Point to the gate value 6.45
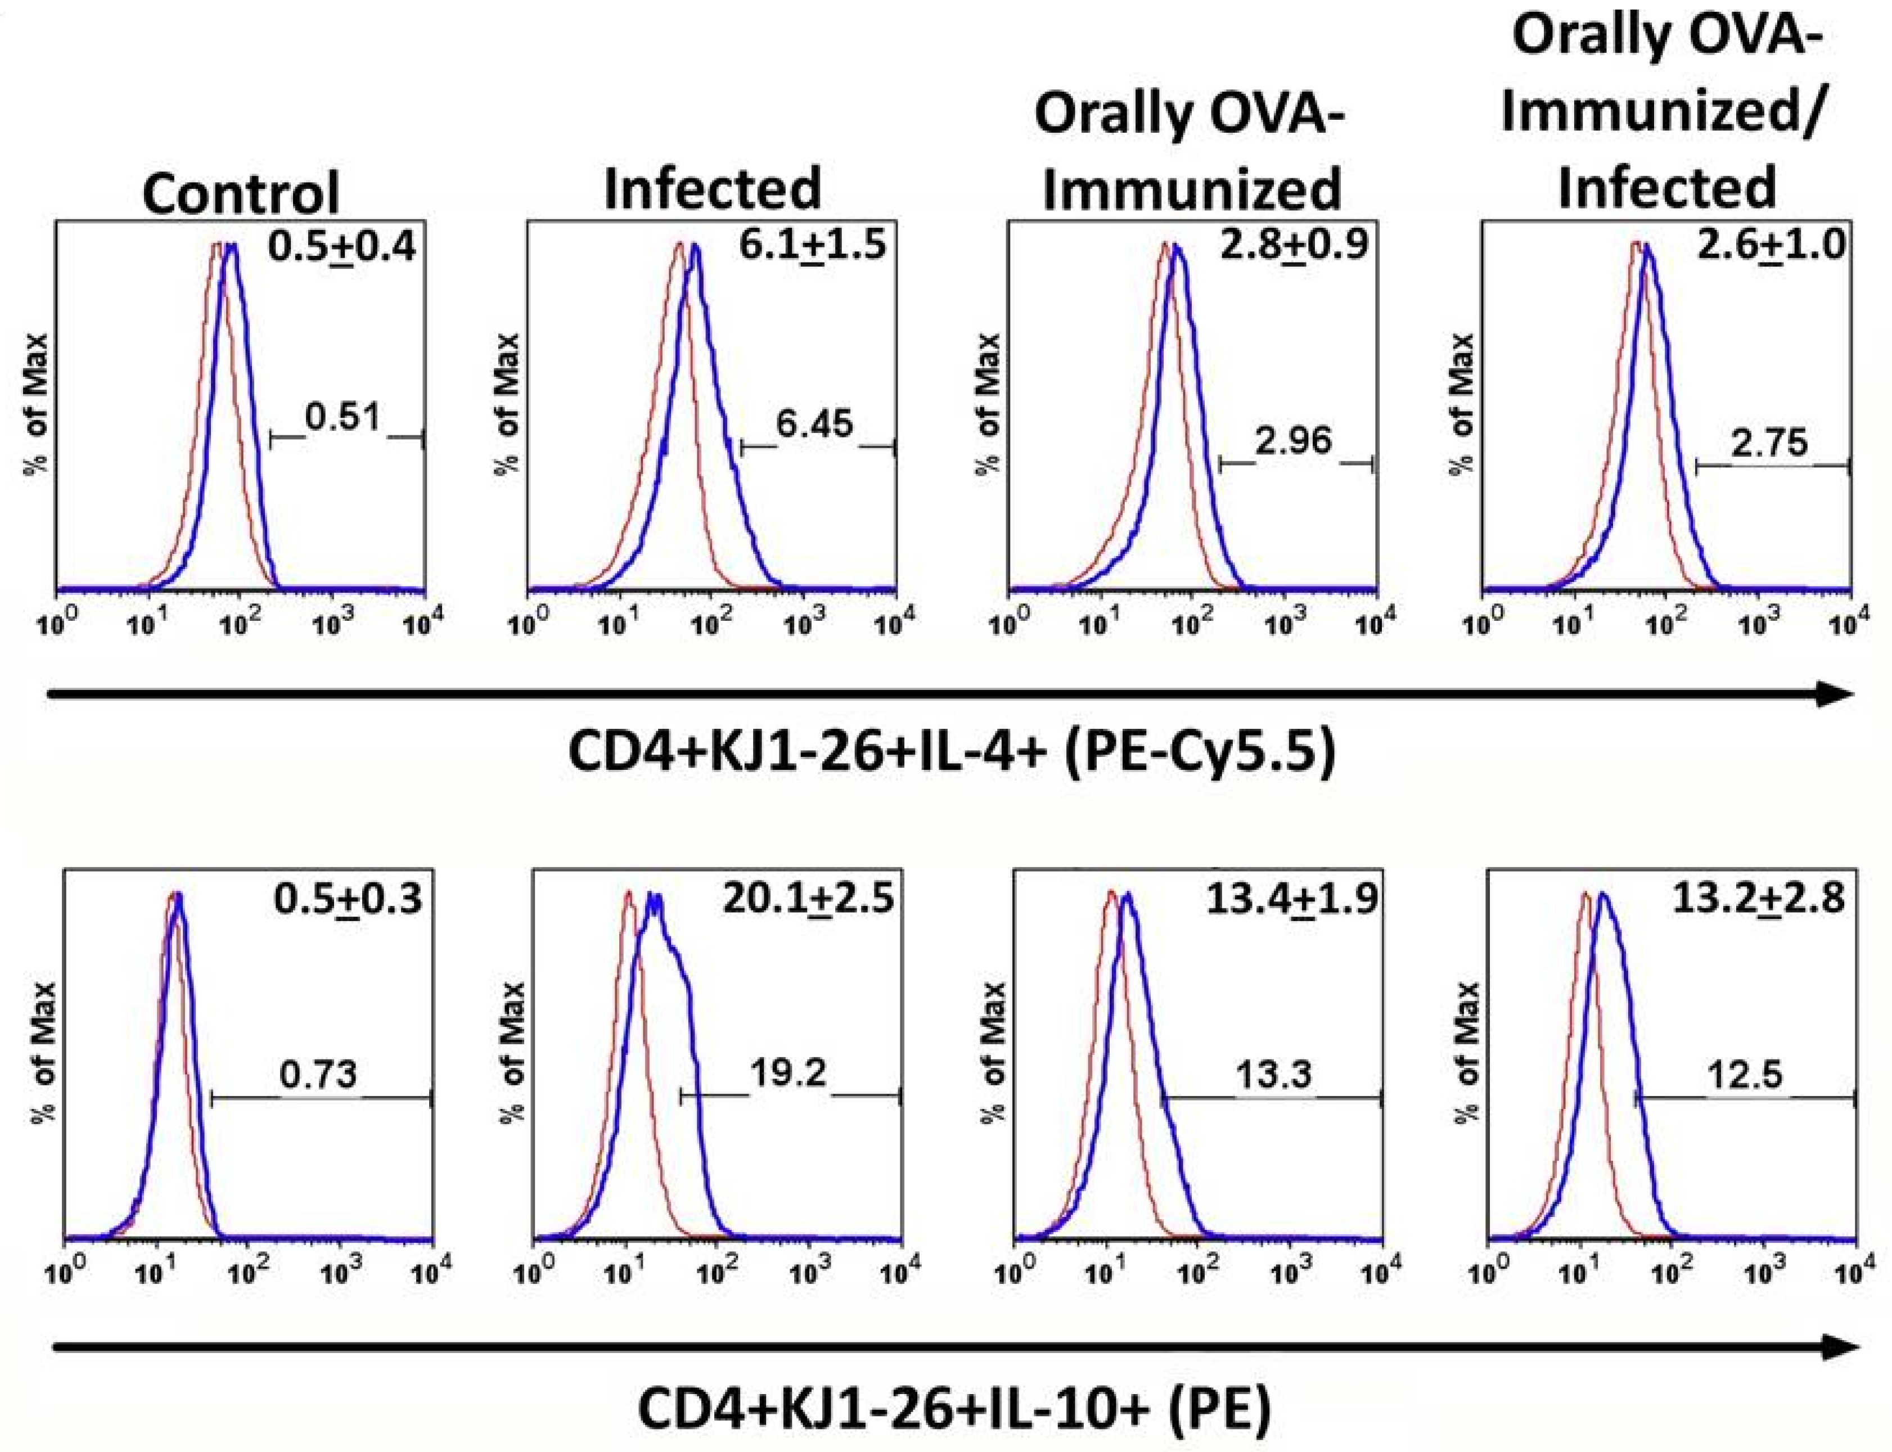tap(814, 425)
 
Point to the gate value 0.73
tap(318, 1075)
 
